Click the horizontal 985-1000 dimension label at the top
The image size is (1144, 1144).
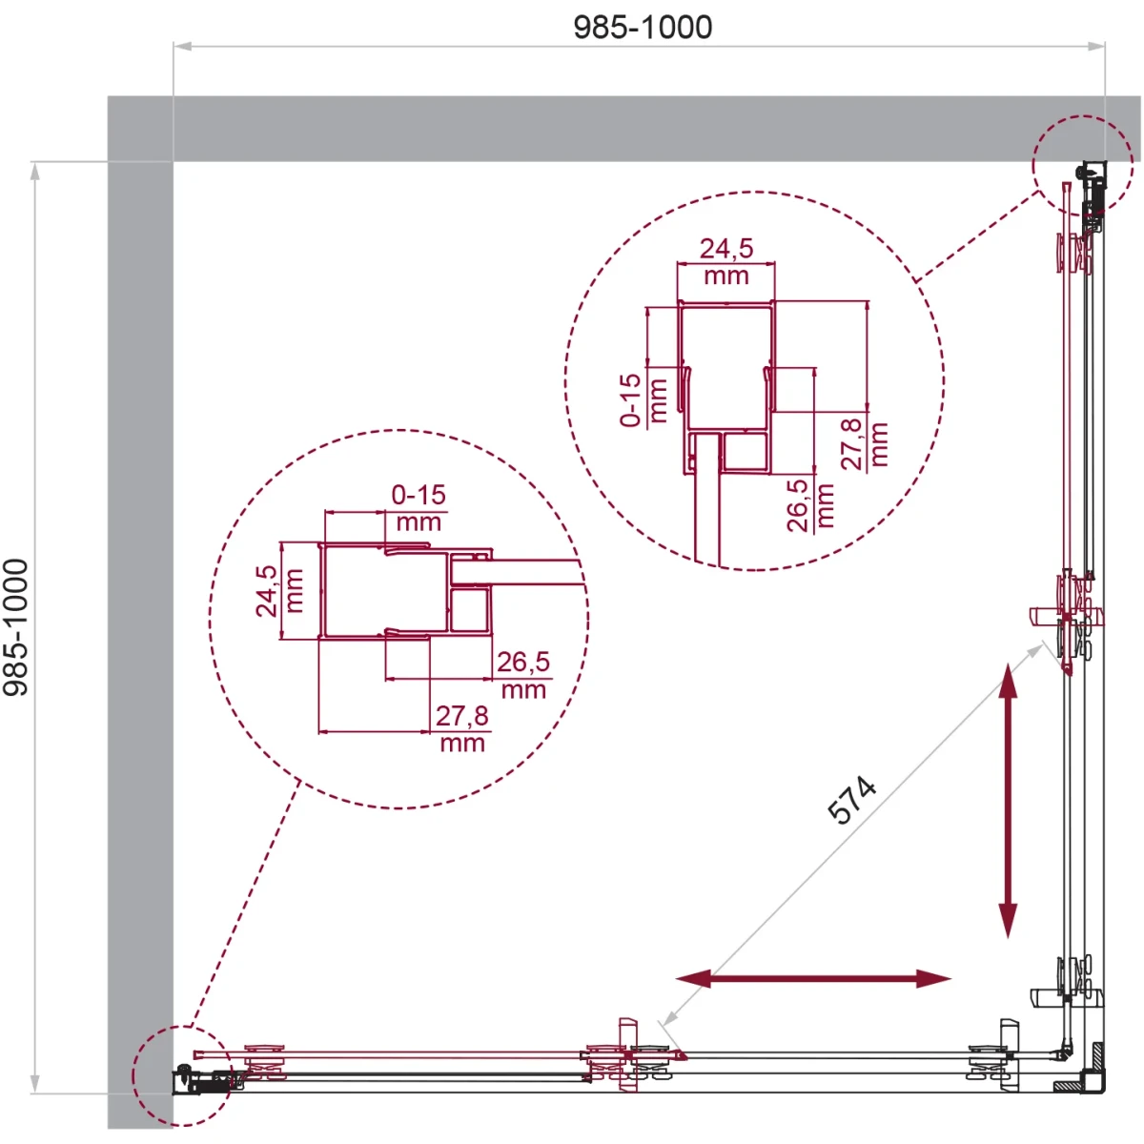click(643, 28)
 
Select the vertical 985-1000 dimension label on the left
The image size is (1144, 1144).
click(15, 627)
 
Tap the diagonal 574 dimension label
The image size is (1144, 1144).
click(852, 801)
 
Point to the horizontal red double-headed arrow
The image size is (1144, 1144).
click(814, 978)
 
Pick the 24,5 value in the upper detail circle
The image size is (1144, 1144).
click(726, 249)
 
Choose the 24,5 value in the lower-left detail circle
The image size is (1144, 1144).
click(267, 591)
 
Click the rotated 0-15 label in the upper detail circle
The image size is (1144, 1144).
click(630, 400)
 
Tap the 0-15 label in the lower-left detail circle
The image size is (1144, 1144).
click(419, 495)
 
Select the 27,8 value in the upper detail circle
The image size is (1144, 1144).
click(852, 443)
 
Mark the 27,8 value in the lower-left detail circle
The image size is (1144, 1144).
click(461, 716)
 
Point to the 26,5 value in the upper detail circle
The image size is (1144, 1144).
click(797, 505)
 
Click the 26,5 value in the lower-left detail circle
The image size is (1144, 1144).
click(523, 662)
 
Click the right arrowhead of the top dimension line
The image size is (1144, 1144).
click(1096, 46)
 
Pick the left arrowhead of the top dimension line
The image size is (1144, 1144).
click(182, 46)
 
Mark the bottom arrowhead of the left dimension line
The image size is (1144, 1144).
click(35, 1084)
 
